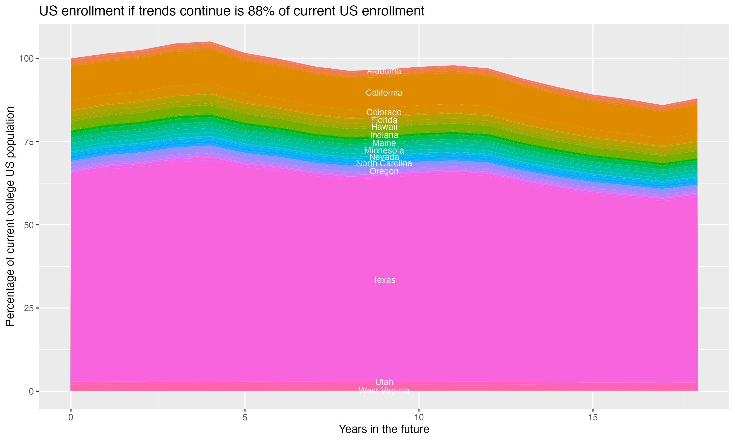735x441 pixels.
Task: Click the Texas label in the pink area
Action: pyautogui.click(x=384, y=280)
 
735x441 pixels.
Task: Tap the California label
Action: pyautogui.click(x=384, y=93)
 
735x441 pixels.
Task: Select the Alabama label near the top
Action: pyautogui.click(x=384, y=71)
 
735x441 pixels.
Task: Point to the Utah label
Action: pyautogui.click(x=384, y=382)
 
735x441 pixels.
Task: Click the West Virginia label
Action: pyautogui.click(x=384, y=391)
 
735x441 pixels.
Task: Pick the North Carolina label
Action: pyautogui.click(x=384, y=163)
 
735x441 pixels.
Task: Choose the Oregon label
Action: pyautogui.click(x=384, y=171)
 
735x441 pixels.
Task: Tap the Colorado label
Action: pyautogui.click(x=384, y=112)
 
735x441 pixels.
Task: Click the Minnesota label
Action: pyautogui.click(x=384, y=150)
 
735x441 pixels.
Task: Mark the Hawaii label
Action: pyautogui.click(x=384, y=127)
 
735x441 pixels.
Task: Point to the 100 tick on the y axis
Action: pyautogui.click(x=25, y=59)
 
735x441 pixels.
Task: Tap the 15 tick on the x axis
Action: pyautogui.click(x=593, y=417)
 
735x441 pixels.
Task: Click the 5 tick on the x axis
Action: pyautogui.click(x=245, y=417)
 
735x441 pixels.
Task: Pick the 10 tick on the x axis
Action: pyautogui.click(x=419, y=417)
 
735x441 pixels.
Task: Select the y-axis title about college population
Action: pyautogui.click(x=10, y=216)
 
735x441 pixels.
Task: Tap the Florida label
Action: pyautogui.click(x=384, y=120)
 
